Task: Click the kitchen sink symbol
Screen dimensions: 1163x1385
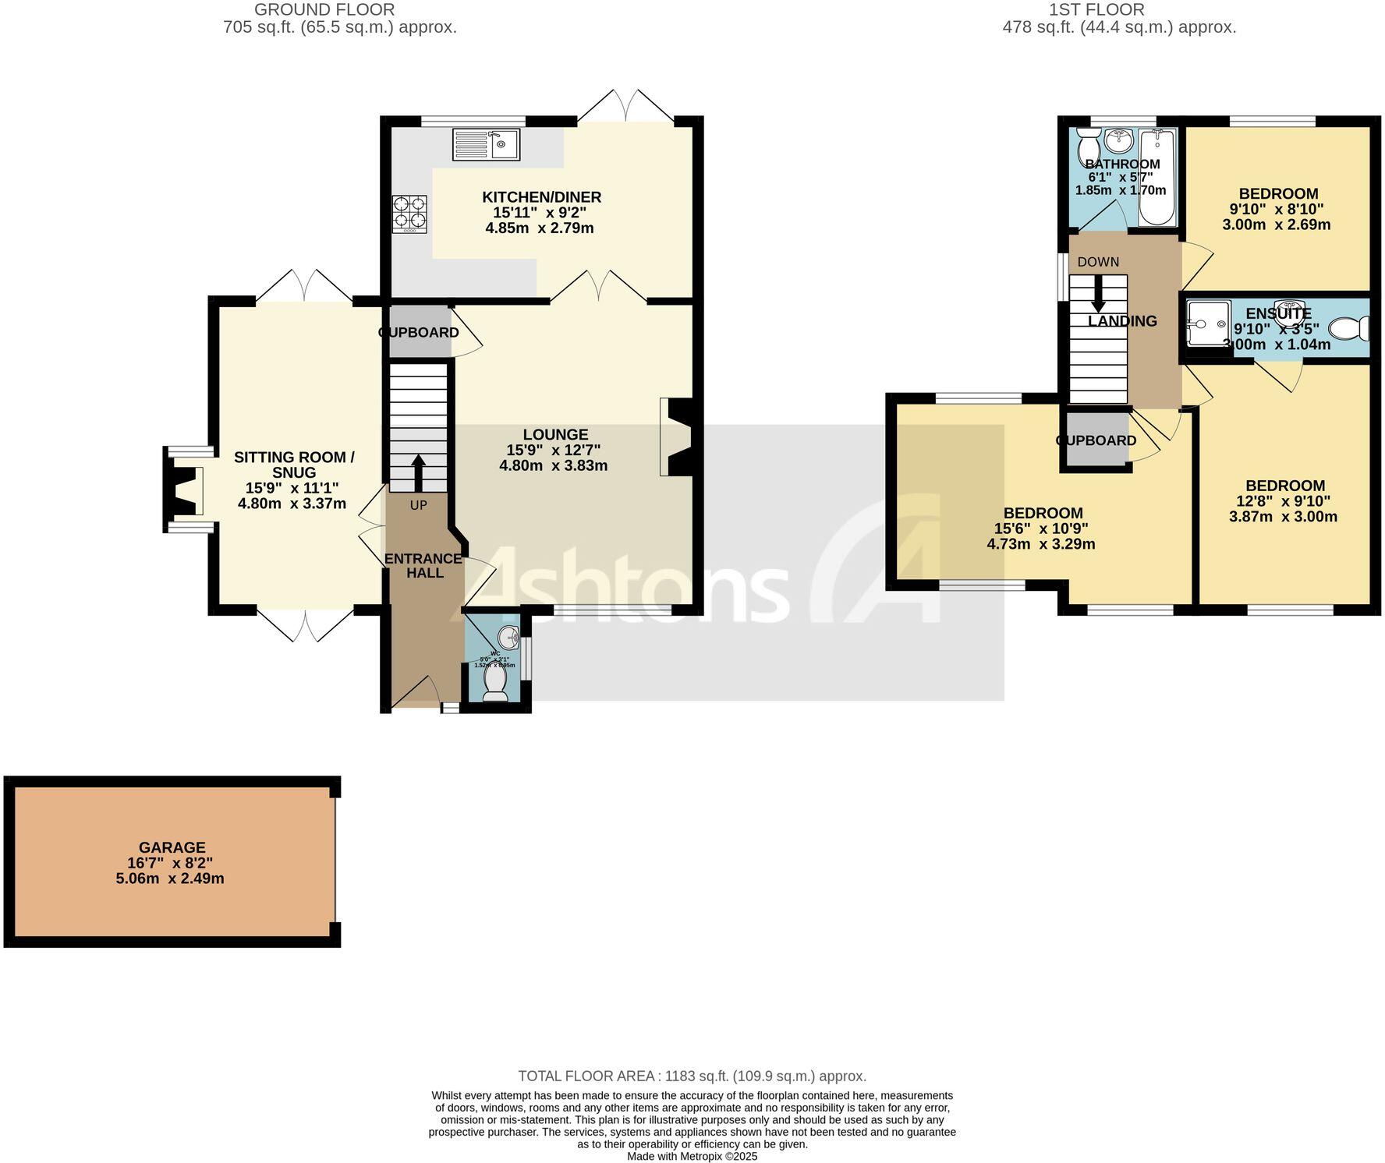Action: click(x=486, y=145)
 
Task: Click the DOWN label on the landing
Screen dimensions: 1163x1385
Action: click(x=1098, y=262)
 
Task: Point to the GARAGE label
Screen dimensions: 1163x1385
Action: click(x=172, y=847)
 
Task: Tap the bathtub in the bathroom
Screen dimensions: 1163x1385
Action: click(x=1157, y=178)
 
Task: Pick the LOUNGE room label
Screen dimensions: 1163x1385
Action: click(x=555, y=435)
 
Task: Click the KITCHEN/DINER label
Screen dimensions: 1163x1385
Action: click(x=541, y=197)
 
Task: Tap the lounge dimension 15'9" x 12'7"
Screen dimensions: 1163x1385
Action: click(x=553, y=450)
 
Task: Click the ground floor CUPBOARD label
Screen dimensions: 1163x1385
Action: click(x=419, y=333)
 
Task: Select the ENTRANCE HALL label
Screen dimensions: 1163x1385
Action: click(x=423, y=566)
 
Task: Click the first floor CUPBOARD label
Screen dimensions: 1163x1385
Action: click(x=1096, y=440)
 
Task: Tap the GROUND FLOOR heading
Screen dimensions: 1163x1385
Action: click(x=324, y=10)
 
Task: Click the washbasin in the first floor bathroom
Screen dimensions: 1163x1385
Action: click(x=1119, y=141)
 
